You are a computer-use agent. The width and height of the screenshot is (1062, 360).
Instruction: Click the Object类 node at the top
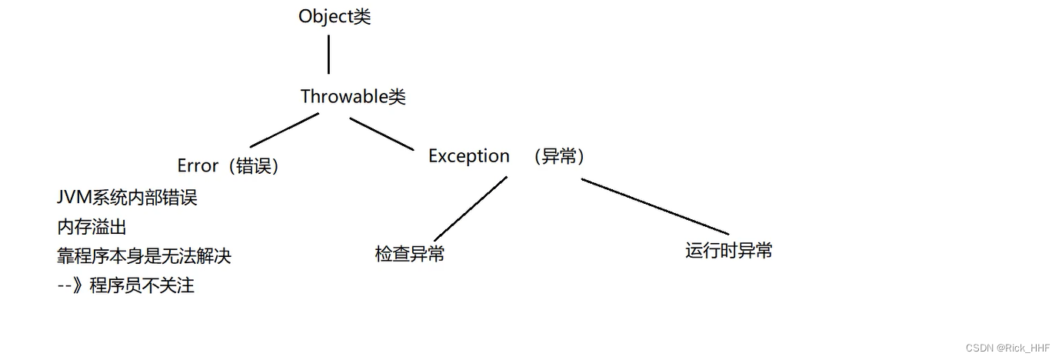335,17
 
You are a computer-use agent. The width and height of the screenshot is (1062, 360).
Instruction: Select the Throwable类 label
353,97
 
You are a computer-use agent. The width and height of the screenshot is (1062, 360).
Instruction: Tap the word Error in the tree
198,165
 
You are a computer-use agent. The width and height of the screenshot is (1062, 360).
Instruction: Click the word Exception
468,156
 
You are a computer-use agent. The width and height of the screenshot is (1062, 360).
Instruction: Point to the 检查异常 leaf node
409,255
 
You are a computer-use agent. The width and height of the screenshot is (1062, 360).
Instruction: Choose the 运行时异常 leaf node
728,251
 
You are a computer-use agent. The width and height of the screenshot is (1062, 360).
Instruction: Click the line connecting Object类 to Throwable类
328,54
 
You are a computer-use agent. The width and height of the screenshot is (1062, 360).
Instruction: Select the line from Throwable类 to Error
285,130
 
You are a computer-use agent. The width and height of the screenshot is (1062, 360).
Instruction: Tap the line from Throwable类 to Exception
381,133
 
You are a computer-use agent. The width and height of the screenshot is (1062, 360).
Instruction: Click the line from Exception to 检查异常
470,208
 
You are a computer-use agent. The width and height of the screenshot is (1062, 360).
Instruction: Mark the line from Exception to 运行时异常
654,206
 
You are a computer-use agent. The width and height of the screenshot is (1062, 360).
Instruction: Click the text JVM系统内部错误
127,198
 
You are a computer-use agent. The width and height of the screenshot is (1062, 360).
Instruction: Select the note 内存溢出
92,227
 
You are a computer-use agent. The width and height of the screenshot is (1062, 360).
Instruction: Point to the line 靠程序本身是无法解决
144,256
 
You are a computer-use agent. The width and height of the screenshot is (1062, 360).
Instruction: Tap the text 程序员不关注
142,286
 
